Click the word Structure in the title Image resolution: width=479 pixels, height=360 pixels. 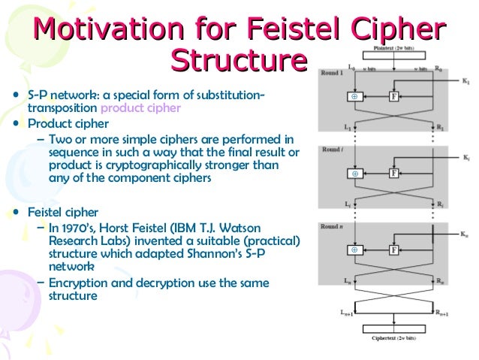click(x=239, y=60)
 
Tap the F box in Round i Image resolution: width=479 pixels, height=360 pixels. click(x=393, y=173)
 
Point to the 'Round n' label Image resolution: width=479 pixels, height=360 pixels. click(x=333, y=226)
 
